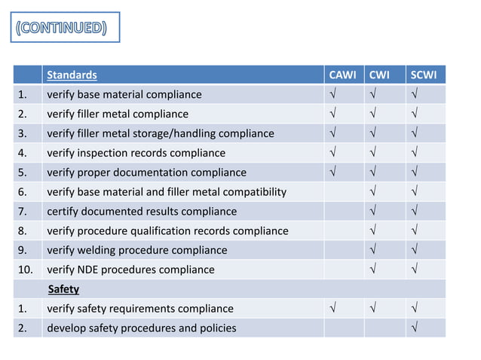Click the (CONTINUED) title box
point(65,28)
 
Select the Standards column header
point(72,75)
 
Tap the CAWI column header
point(343,75)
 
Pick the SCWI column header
point(425,75)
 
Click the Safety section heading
point(63,289)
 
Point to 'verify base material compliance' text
point(124,94)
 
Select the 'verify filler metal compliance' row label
point(118,114)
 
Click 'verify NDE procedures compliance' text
point(130,270)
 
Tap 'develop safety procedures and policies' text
point(141,328)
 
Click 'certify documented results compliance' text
point(142,212)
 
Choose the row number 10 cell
point(27,270)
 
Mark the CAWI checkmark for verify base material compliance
point(332,94)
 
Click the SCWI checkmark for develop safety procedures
point(415,328)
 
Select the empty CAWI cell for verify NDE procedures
point(343,270)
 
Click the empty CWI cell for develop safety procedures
point(384,328)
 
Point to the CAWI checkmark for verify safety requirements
point(332,309)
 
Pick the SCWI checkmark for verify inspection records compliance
point(415,153)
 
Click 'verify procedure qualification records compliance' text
point(167,230)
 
